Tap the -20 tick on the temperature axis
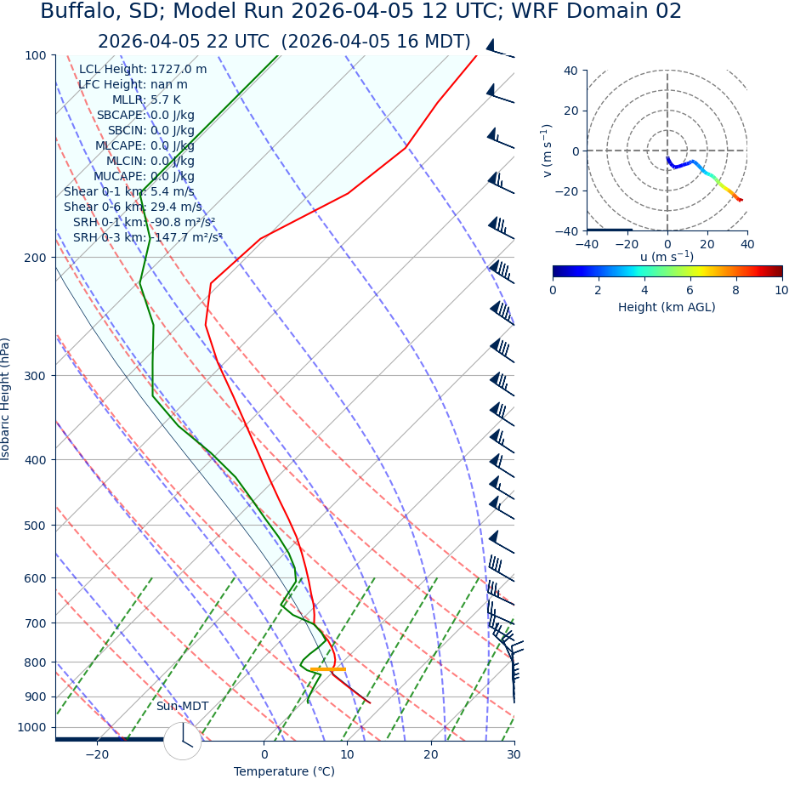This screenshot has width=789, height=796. click(97, 754)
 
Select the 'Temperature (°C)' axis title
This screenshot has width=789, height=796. click(284, 772)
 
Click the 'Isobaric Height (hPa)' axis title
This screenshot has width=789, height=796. click(6, 399)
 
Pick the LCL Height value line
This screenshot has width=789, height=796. click(143, 70)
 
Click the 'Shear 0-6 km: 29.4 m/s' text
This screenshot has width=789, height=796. click(133, 208)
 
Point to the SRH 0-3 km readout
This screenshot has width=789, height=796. click(147, 238)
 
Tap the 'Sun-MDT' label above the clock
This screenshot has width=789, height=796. click(182, 707)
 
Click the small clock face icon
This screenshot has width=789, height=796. click(182, 741)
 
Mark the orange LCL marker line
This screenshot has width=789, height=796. click(328, 669)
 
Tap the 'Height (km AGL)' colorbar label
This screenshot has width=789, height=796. click(667, 307)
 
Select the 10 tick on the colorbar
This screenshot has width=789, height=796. click(781, 290)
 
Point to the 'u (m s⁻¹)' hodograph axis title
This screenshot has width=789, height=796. click(667, 257)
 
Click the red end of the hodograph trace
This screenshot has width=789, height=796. click(741, 201)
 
